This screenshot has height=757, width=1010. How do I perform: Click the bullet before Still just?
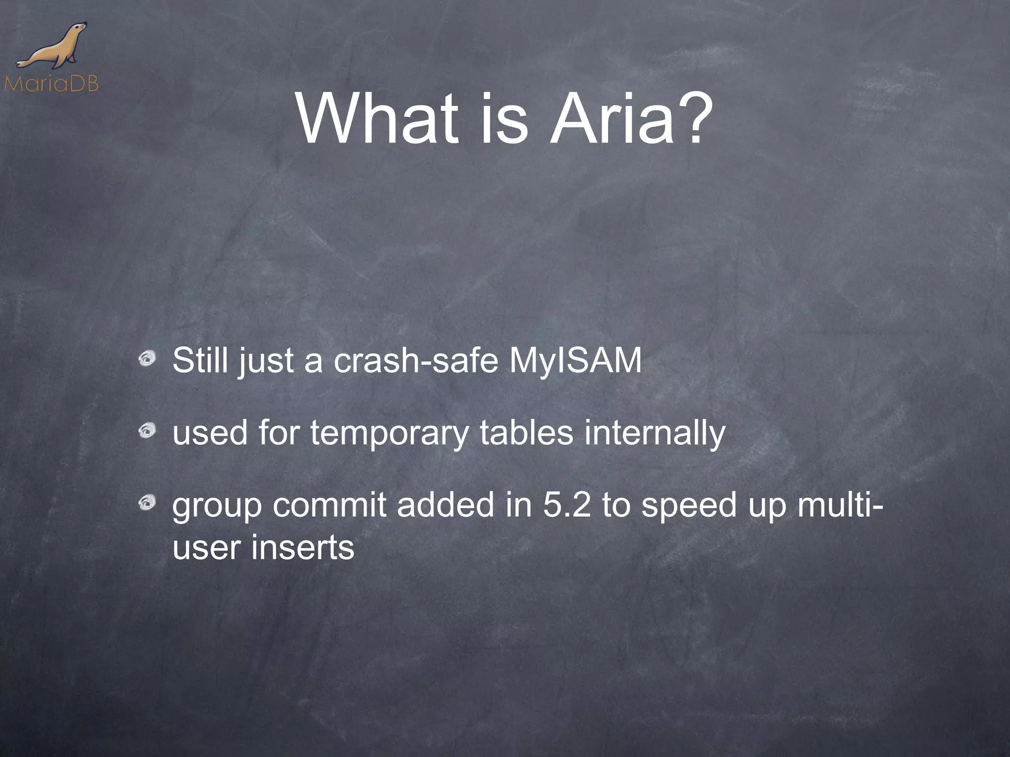[146, 359]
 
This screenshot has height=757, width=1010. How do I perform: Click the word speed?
[688, 506]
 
